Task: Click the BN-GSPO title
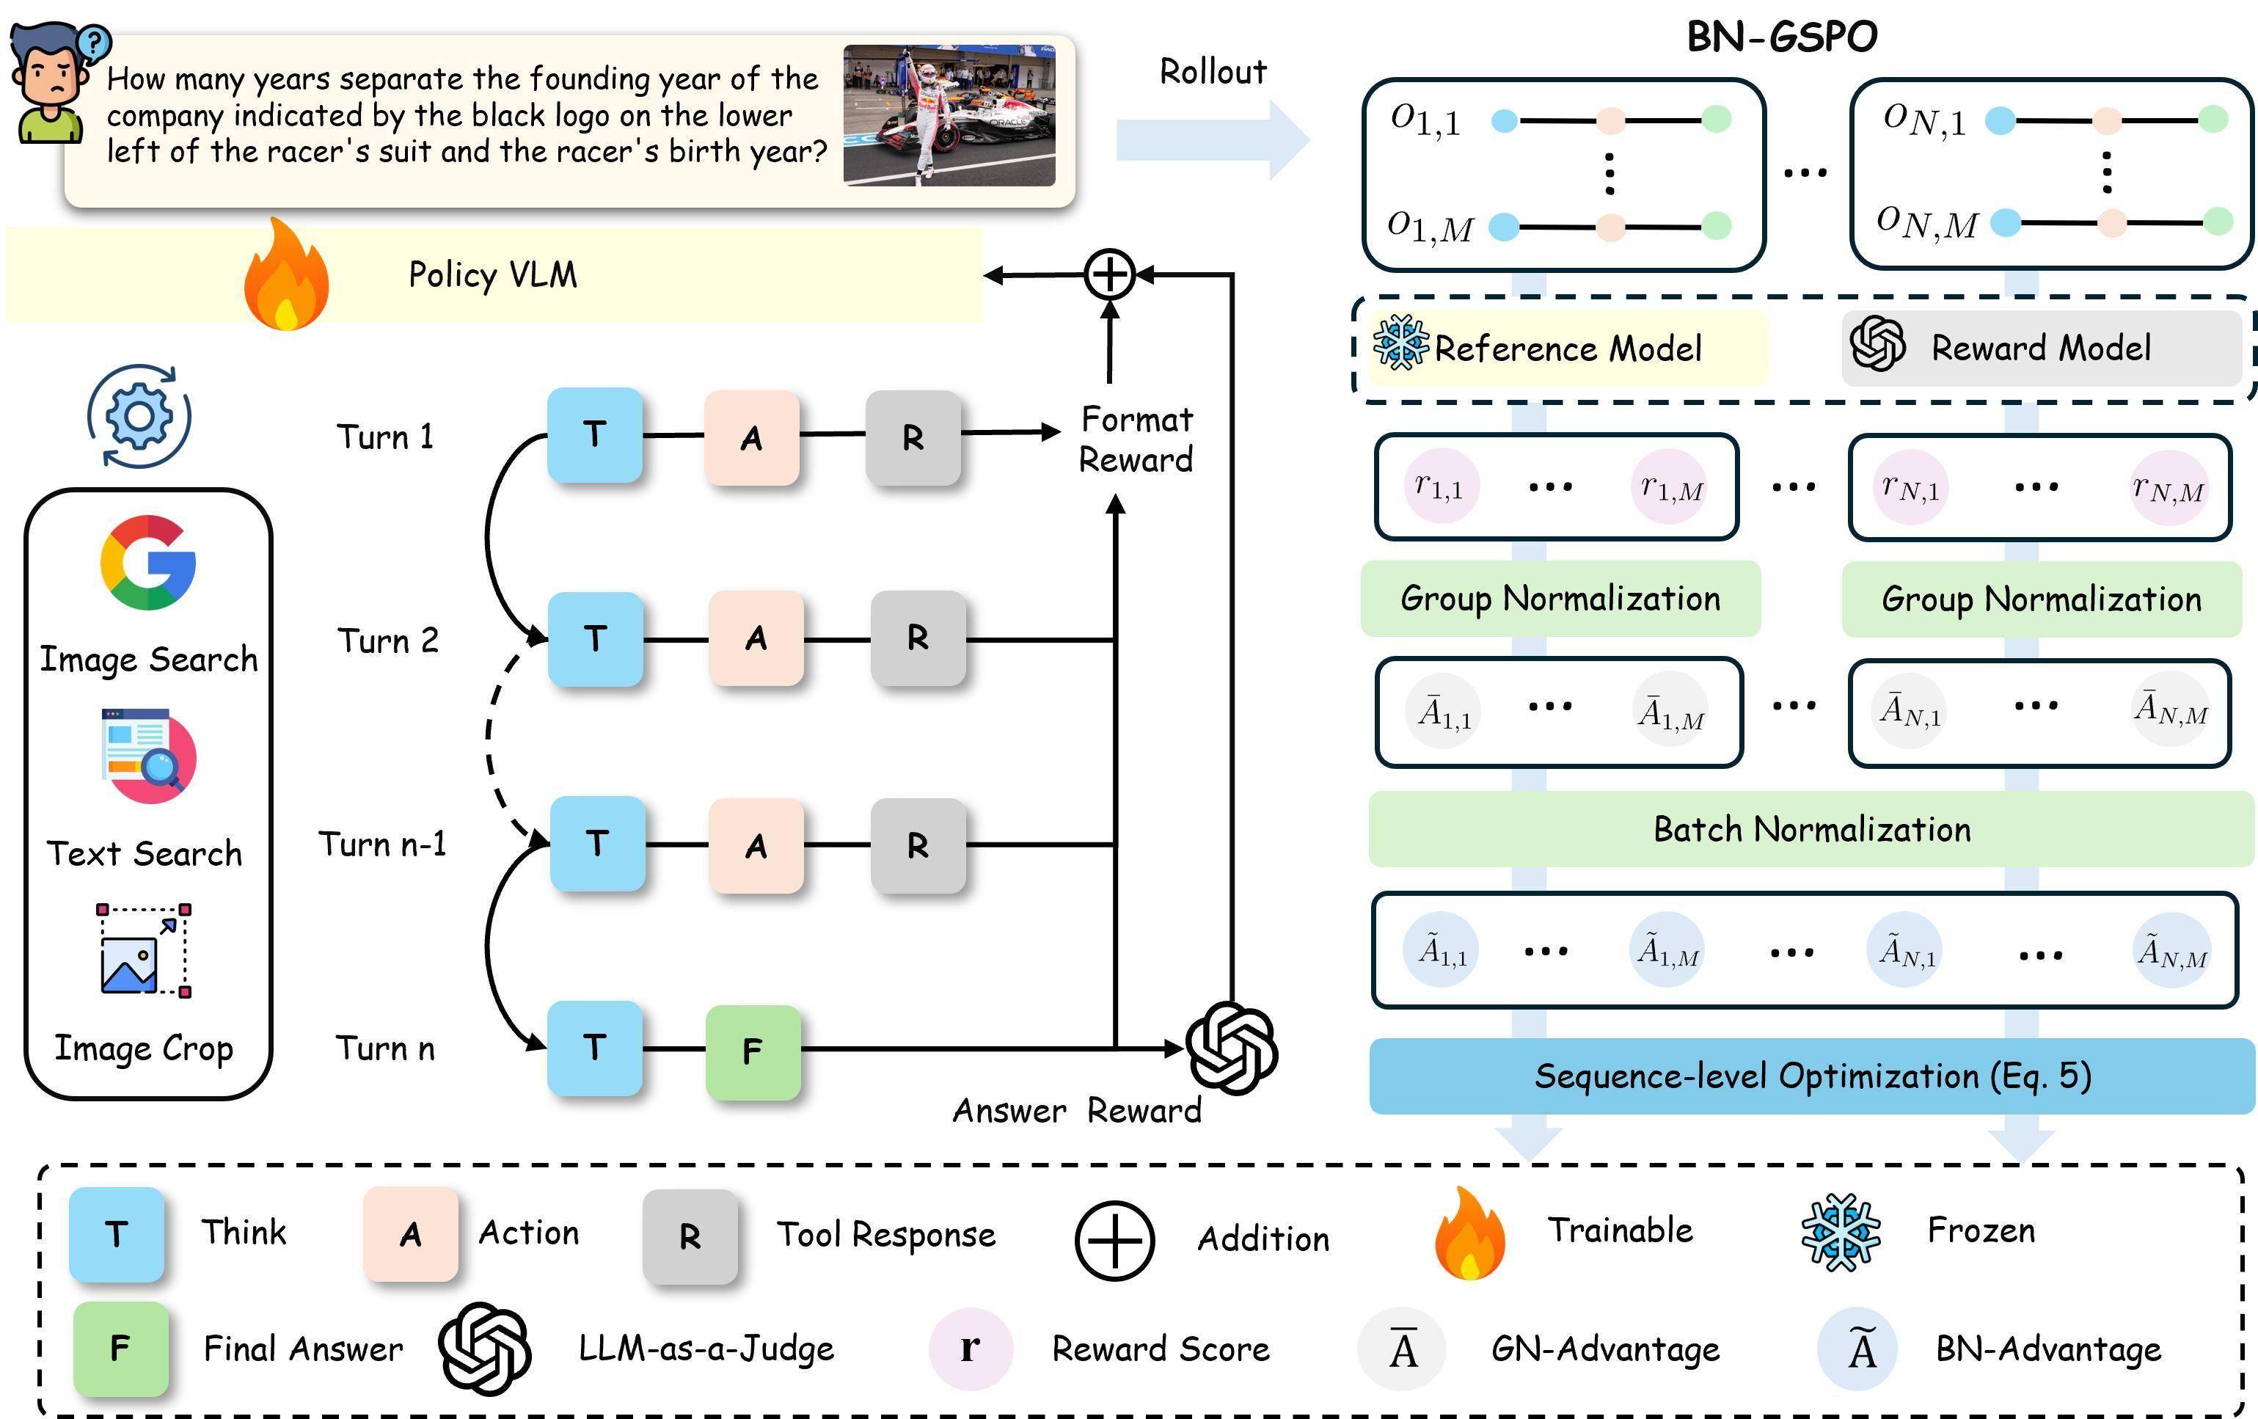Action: [x=1782, y=37]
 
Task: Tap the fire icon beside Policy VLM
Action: [x=286, y=275]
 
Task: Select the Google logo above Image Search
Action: [x=148, y=562]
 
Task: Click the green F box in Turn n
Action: [x=753, y=1051]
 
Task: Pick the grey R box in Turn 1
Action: [x=913, y=437]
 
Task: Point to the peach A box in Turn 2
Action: [x=756, y=638]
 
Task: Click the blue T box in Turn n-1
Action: [x=597, y=843]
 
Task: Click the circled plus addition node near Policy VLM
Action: [x=1109, y=275]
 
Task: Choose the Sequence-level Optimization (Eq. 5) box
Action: [x=1812, y=1076]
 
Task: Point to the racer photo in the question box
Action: [x=949, y=115]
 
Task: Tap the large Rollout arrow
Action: [x=1211, y=139]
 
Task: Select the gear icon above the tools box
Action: [x=139, y=415]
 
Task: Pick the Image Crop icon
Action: [x=145, y=950]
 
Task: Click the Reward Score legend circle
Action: [x=971, y=1348]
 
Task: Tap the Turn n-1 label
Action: [x=383, y=844]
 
